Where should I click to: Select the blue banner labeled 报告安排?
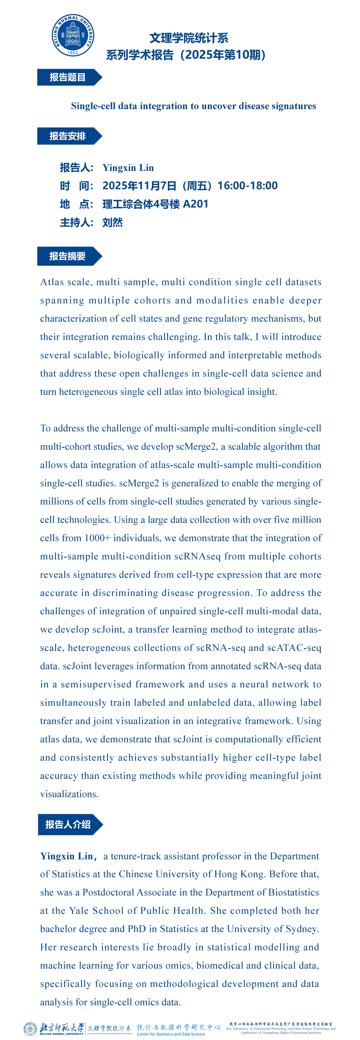pyautogui.click(x=68, y=136)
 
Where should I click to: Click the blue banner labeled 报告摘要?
pyautogui.click(x=68, y=256)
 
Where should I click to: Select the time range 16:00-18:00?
pyautogui.click(x=247, y=186)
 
